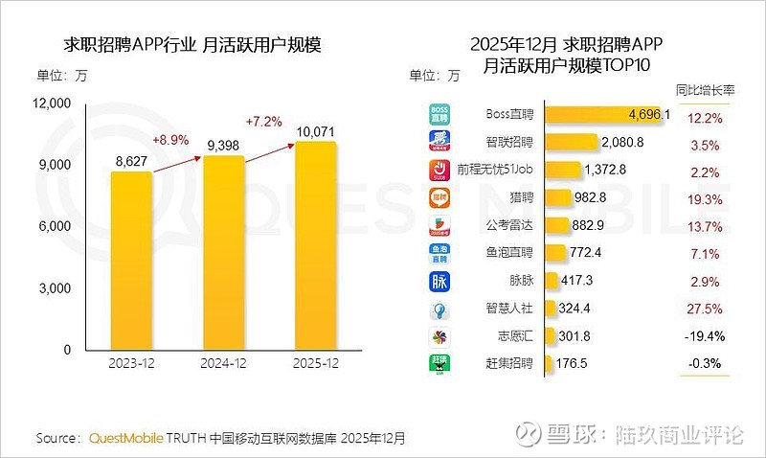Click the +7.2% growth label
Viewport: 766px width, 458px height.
[x=265, y=122]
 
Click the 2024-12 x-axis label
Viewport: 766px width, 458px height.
[x=223, y=365]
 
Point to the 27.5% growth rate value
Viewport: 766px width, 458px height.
[x=705, y=309]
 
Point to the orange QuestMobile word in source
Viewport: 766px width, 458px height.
[x=125, y=438]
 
